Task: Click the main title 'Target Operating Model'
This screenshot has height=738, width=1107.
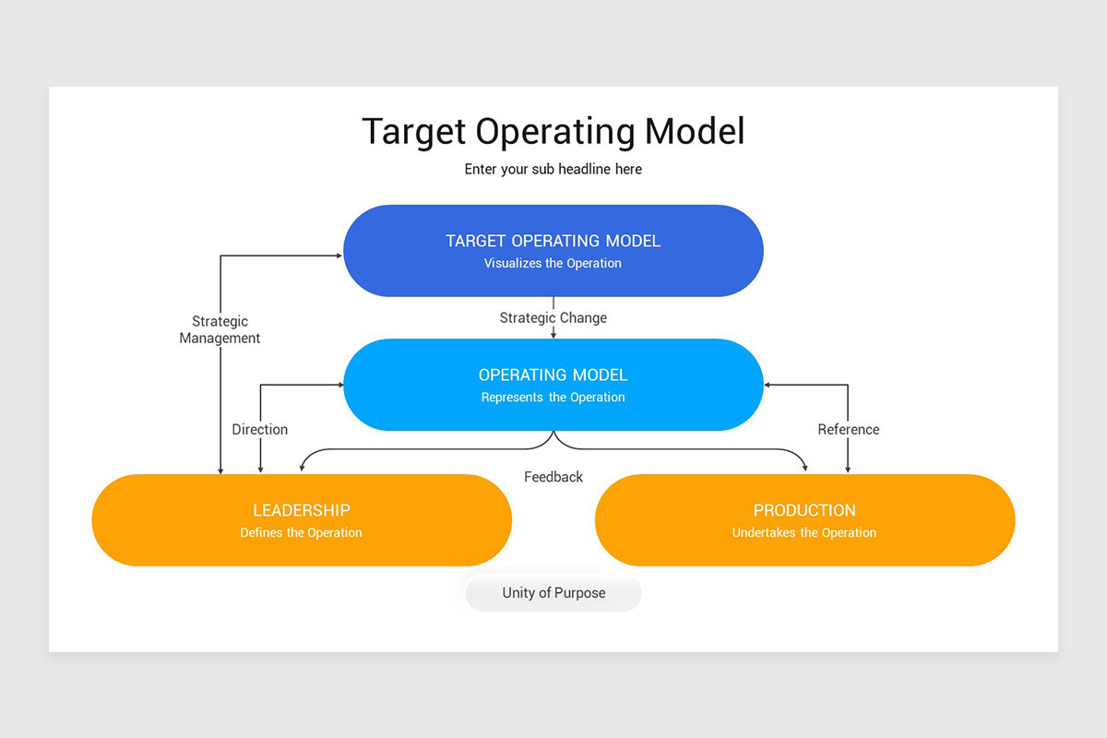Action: coord(553,131)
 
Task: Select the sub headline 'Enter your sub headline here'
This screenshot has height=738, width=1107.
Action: coord(553,169)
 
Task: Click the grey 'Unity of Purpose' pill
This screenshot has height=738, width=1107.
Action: coord(553,593)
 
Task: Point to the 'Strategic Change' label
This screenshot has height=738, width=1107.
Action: coord(553,317)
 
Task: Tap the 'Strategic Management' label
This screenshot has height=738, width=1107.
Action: coord(220,329)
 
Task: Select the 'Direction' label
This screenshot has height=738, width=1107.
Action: coord(259,429)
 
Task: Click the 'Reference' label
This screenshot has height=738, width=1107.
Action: coord(848,429)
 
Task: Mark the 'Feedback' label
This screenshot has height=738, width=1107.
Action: coord(553,477)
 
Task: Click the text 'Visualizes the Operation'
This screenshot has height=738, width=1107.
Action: coord(553,263)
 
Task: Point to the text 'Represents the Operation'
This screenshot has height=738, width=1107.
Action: coord(553,398)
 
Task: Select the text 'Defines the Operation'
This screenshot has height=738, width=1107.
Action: coord(301,532)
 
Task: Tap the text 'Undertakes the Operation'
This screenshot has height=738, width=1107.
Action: coord(804,532)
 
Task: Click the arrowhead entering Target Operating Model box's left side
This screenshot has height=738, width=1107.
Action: coord(339,256)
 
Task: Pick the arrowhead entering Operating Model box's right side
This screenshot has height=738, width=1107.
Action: coord(768,385)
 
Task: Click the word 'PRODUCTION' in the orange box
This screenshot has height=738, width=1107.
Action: coord(804,510)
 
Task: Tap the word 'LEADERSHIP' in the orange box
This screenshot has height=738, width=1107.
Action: coord(301,510)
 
